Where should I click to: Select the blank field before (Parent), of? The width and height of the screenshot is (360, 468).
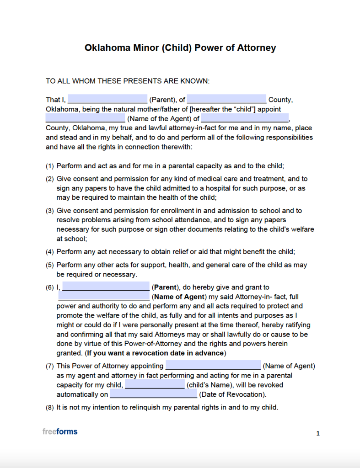[x=107, y=99]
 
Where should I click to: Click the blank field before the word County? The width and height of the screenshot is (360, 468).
[x=226, y=99]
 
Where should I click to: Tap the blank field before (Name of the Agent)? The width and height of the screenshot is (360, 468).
[x=85, y=118]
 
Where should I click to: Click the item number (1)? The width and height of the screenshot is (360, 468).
[x=50, y=166]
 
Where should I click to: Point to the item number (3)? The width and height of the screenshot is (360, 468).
[x=50, y=211]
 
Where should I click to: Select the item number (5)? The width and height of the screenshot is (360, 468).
[x=50, y=265]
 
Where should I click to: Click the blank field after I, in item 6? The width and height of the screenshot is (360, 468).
[x=106, y=287]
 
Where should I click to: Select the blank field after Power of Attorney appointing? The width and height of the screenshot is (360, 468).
[x=213, y=366]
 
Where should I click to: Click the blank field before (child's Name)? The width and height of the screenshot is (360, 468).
[x=155, y=385]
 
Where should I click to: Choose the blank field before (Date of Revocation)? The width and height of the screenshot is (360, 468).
[x=153, y=394]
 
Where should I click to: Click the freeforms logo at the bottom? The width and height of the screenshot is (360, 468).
[x=60, y=431]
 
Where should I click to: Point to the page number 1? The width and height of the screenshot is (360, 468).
[x=318, y=434]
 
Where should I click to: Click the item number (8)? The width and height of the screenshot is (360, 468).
[x=50, y=407]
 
